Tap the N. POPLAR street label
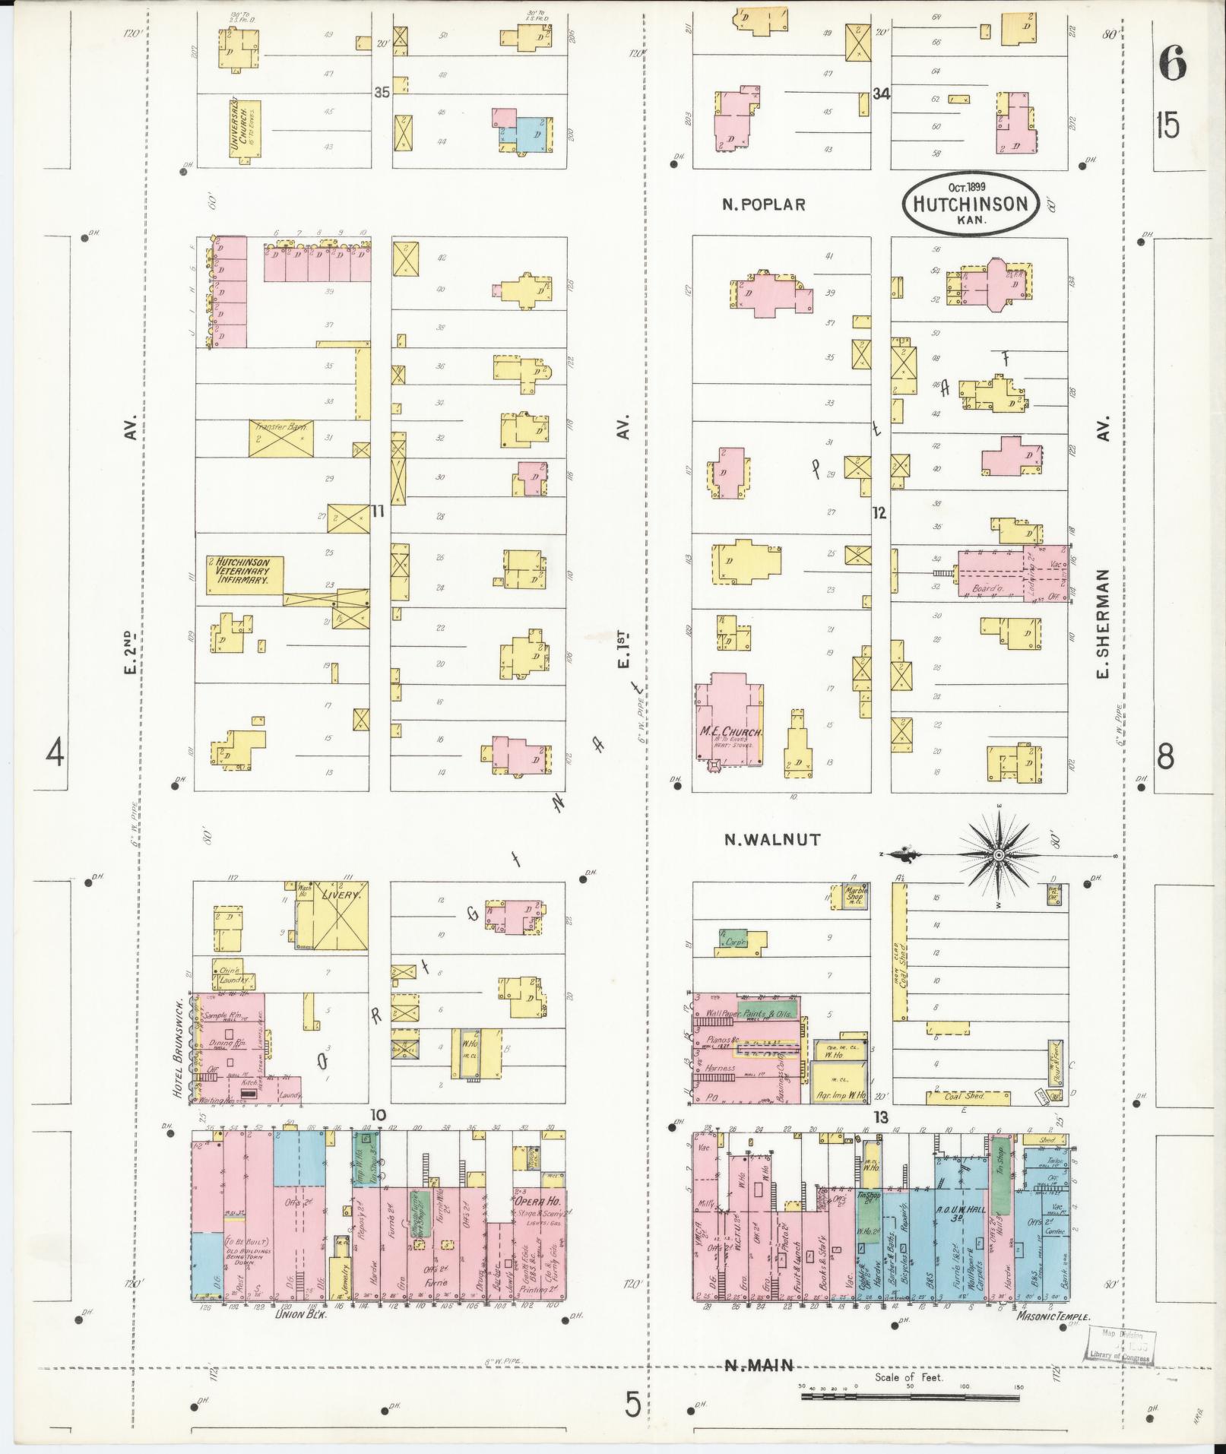[x=763, y=204]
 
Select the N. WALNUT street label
[x=771, y=840]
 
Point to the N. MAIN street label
[x=758, y=1366]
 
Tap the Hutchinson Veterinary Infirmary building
[x=244, y=575]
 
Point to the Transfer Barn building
[x=280, y=438]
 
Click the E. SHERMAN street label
[x=1102, y=623]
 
